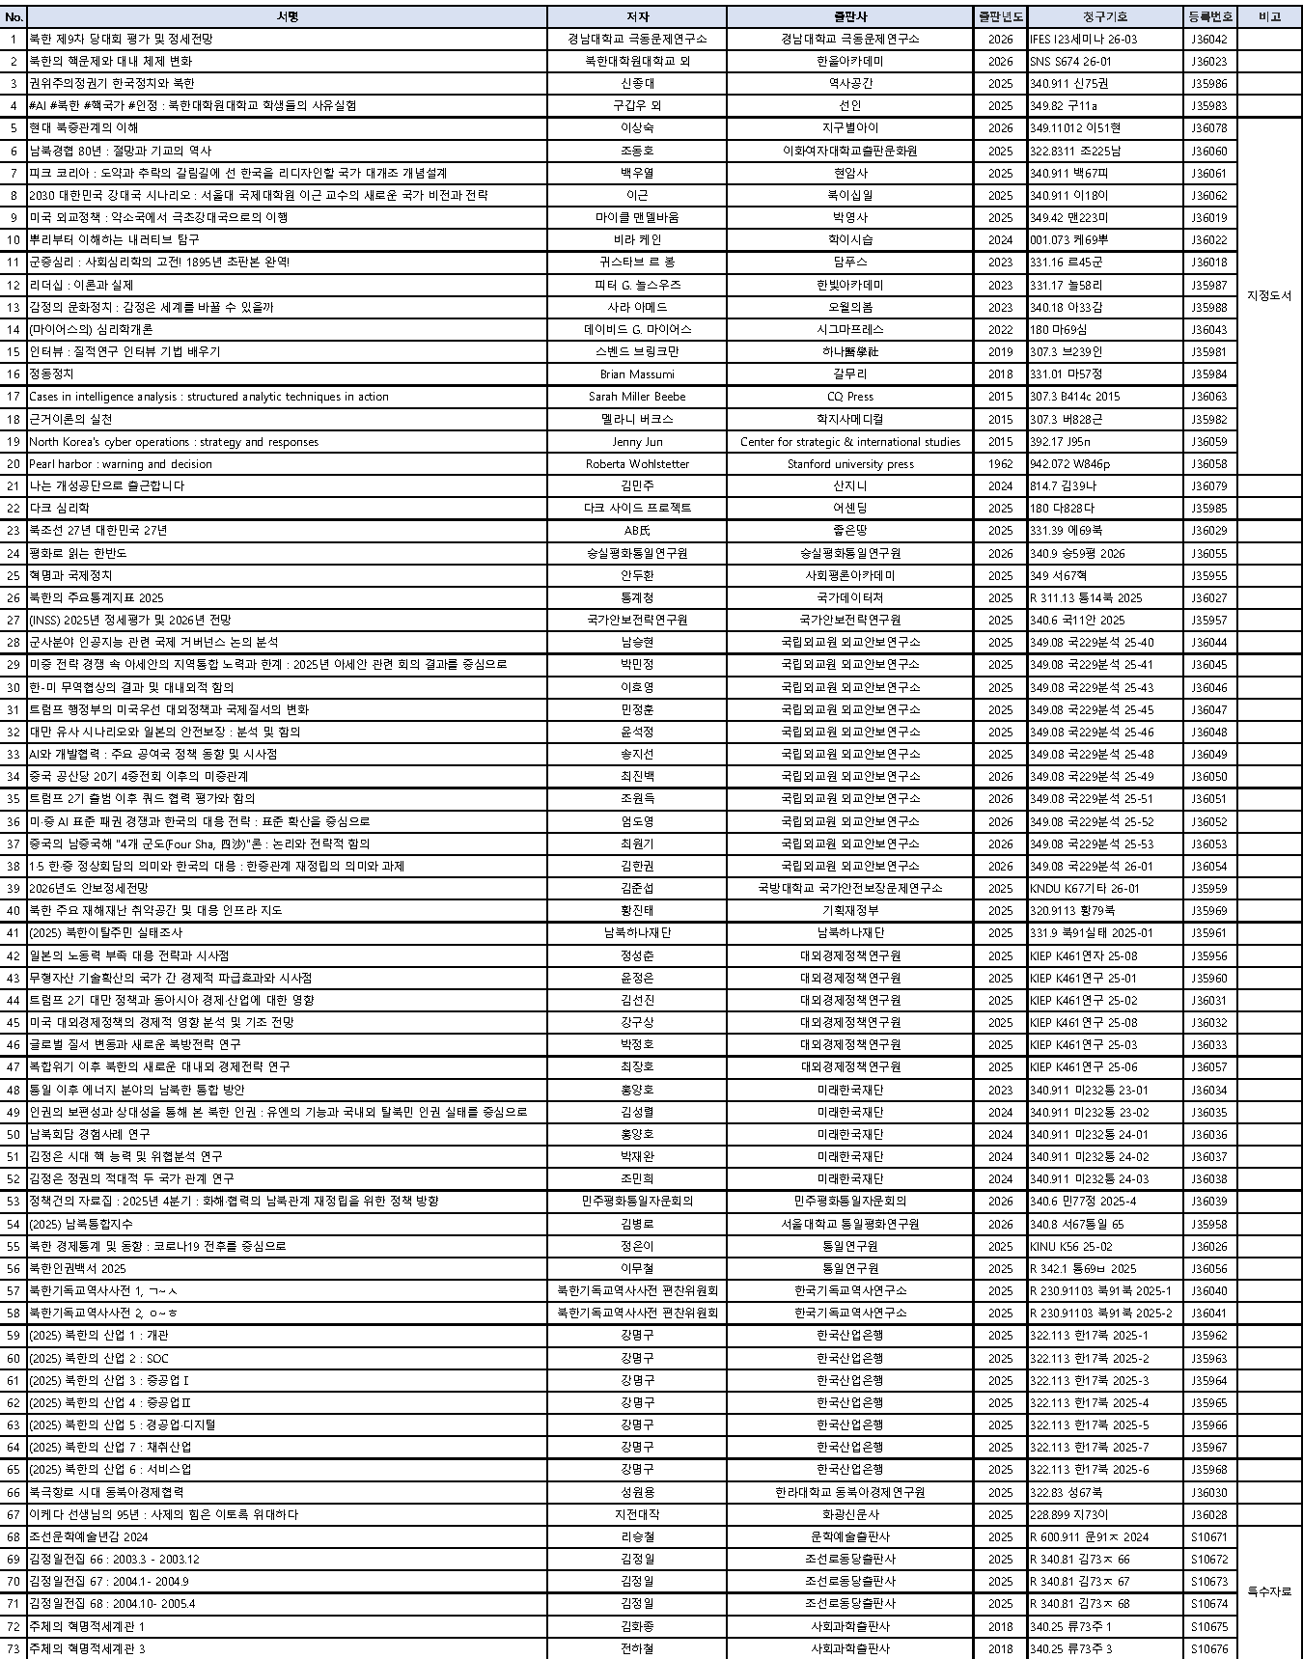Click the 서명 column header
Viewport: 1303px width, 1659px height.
click(x=287, y=16)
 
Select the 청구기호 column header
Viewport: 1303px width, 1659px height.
click(x=1104, y=16)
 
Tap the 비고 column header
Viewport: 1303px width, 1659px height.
click(x=1269, y=16)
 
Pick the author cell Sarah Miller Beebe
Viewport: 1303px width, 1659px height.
click(x=637, y=397)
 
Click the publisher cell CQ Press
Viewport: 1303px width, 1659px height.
click(x=849, y=397)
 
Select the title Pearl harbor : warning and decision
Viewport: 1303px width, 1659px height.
click(x=121, y=464)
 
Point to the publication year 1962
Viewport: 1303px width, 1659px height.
click(x=1000, y=464)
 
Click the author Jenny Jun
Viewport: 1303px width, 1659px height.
click(x=637, y=442)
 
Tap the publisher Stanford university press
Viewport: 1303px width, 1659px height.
click(x=849, y=464)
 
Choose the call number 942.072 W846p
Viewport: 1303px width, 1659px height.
click(x=1069, y=464)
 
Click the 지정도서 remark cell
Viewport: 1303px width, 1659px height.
click(x=1269, y=295)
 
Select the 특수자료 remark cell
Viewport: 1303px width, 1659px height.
click(x=1269, y=1591)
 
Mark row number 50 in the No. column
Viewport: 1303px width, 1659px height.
click(x=14, y=1134)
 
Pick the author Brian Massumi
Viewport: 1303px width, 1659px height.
click(x=637, y=373)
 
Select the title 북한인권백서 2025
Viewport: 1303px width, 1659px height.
click(x=77, y=1268)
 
